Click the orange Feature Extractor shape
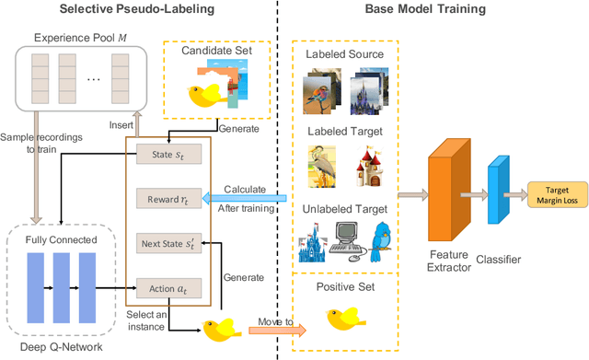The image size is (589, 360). coord(445,186)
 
